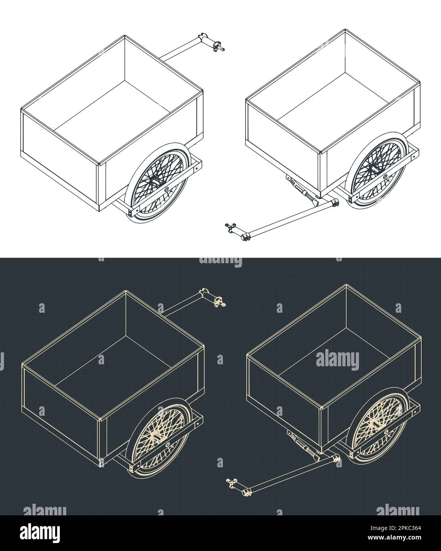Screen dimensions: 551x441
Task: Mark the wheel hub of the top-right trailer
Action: (372, 168)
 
